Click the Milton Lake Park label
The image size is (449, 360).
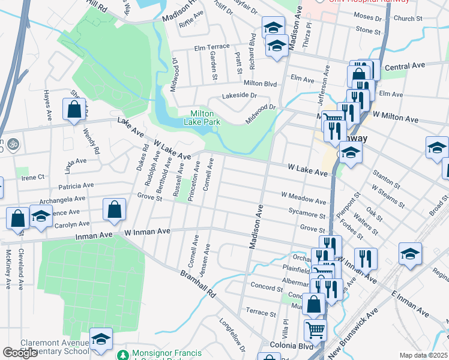click(x=205, y=118)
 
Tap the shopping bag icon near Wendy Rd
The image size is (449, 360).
click(x=74, y=110)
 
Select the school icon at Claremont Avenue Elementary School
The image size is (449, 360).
click(x=101, y=340)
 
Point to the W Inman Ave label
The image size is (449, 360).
click(x=147, y=231)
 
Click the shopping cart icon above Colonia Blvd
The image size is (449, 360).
click(x=315, y=329)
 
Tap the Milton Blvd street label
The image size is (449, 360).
click(x=260, y=83)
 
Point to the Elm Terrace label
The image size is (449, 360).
click(x=212, y=47)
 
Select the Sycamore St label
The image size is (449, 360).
click(x=306, y=215)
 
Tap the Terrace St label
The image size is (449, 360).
click(x=261, y=313)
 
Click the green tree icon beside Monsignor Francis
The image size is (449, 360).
click(x=123, y=355)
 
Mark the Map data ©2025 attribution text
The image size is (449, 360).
click(x=423, y=355)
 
